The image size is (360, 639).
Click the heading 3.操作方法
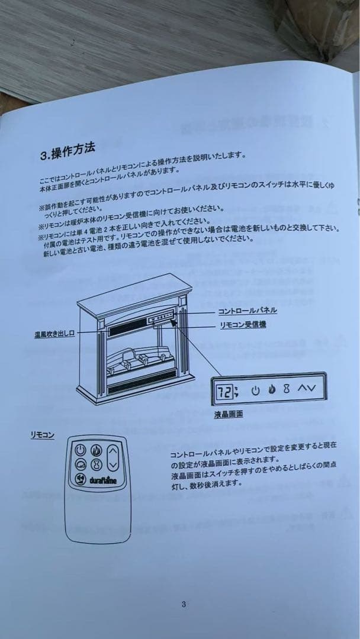coord(67,151)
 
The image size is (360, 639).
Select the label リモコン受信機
coord(243,325)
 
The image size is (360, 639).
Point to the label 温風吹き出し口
coord(54,335)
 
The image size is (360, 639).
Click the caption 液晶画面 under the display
coord(228,414)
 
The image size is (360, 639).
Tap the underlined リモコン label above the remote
coord(42,435)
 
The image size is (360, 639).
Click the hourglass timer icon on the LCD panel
coord(287,389)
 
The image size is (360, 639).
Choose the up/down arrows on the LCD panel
coord(307,388)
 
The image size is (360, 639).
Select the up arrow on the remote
coord(114,451)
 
